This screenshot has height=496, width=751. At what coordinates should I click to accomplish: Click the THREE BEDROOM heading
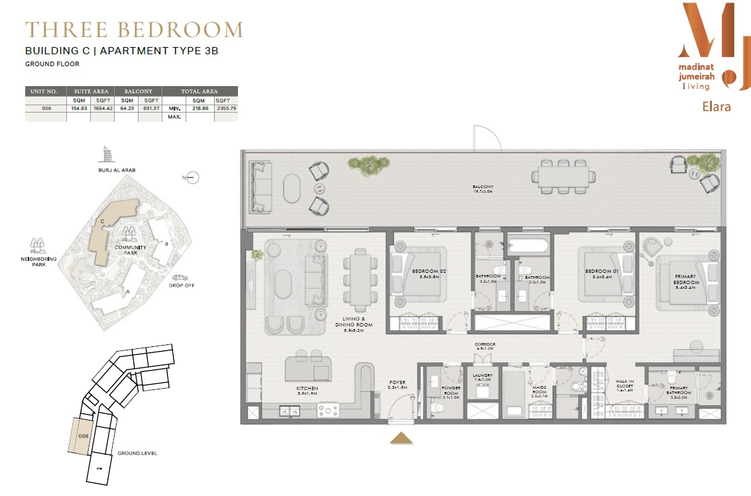(134, 30)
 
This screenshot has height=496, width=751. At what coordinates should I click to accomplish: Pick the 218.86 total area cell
(200, 108)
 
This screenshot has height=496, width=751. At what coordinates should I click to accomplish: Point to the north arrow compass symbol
(192, 177)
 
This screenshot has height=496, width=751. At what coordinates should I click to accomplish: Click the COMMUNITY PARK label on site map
(125, 249)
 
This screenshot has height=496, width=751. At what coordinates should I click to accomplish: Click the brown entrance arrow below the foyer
(400, 438)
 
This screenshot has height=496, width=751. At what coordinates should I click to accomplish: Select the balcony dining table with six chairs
(562, 176)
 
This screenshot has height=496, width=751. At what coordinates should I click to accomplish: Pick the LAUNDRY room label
(482, 375)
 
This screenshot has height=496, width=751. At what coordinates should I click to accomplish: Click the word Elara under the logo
(716, 106)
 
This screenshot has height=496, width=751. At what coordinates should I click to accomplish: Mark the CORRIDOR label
(485, 344)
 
